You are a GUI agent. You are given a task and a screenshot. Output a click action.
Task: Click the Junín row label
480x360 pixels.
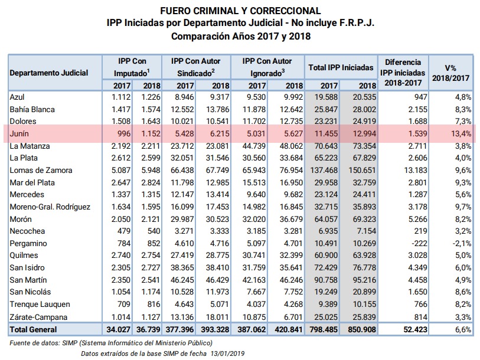(19, 134)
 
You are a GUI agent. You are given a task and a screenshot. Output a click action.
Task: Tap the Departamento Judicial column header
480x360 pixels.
(48, 73)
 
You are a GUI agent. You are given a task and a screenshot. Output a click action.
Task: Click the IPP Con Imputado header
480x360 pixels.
(132, 67)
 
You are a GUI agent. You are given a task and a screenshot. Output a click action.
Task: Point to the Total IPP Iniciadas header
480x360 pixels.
(341, 67)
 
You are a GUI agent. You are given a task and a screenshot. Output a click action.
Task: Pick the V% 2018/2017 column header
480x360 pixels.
(450, 73)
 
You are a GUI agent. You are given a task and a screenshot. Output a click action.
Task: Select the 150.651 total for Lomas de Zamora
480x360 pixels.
(362, 170)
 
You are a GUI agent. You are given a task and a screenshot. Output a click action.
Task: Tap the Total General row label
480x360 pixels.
(33, 330)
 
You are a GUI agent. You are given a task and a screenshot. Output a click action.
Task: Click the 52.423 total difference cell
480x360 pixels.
(415, 330)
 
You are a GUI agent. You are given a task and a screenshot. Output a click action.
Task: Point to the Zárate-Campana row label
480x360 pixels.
(38, 317)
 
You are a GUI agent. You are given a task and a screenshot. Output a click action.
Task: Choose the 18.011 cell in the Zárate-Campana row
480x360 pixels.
(217, 317)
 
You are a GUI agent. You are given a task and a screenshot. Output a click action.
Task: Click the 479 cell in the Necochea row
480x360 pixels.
(123, 231)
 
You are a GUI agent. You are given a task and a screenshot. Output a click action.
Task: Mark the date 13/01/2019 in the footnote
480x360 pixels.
(227, 354)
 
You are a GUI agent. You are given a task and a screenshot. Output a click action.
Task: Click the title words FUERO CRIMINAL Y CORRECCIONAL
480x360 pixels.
(240, 11)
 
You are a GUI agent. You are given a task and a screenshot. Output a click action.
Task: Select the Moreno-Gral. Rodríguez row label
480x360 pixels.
(50, 207)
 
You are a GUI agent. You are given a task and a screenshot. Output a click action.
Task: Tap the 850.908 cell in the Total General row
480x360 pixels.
(362, 330)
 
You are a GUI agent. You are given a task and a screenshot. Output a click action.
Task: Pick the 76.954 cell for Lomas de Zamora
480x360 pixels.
(291, 170)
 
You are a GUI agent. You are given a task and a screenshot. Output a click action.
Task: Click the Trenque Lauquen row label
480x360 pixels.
(40, 305)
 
